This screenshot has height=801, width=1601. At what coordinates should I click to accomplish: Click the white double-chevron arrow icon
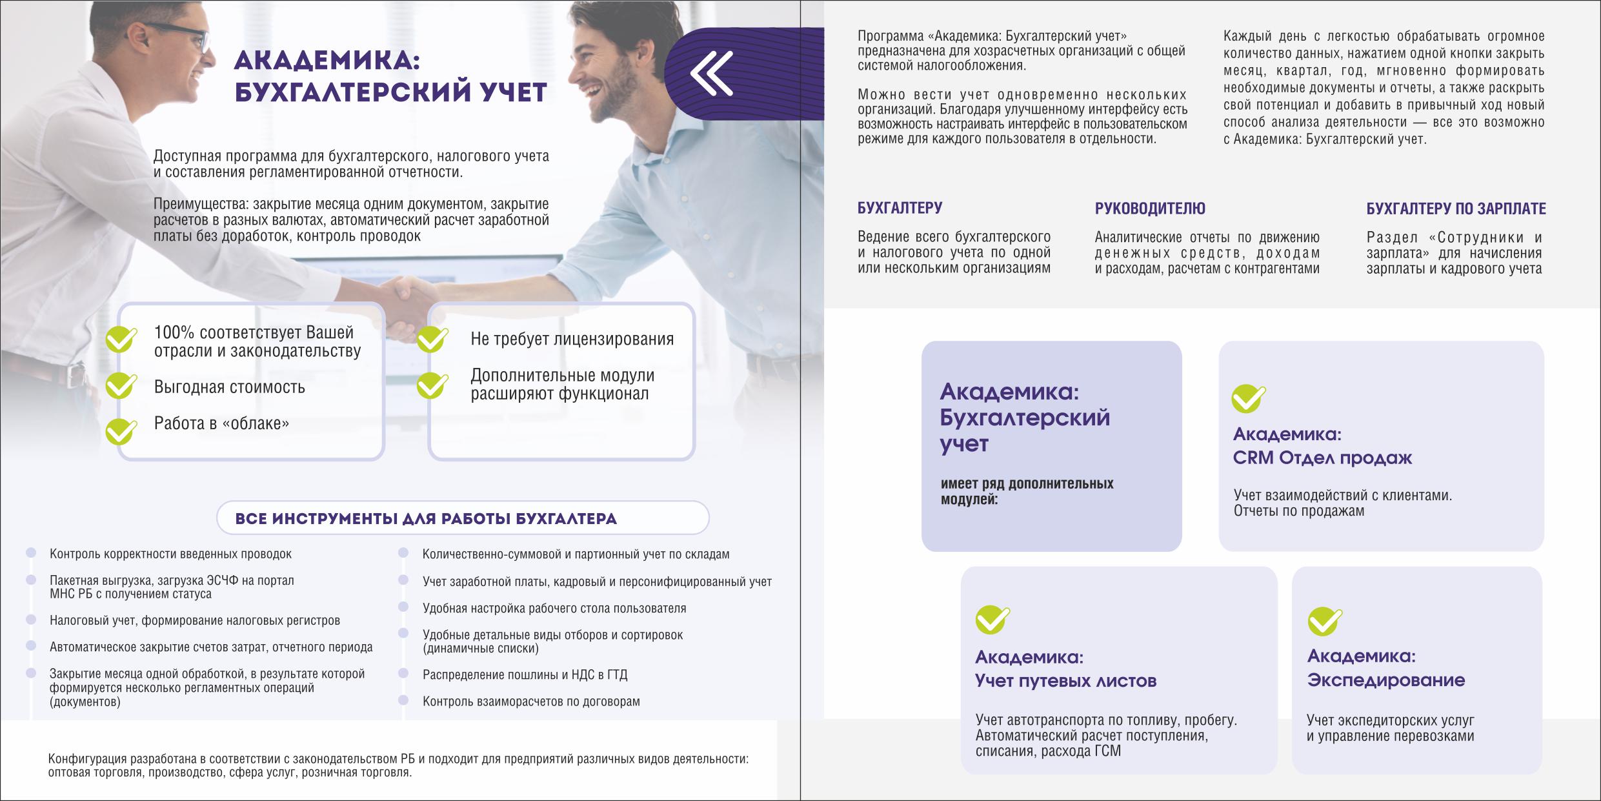pos(711,73)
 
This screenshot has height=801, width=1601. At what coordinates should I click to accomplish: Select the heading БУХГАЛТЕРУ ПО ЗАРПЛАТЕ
pos(1456,208)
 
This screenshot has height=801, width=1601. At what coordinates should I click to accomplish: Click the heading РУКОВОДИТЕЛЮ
pos(1150,208)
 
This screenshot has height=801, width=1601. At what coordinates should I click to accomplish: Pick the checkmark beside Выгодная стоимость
pos(121,385)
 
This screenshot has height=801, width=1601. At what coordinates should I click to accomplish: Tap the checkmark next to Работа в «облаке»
pos(121,431)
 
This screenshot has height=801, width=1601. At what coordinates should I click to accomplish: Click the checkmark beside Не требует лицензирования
pos(432,338)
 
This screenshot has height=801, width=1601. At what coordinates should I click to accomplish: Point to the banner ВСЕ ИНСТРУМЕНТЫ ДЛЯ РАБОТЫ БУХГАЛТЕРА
pos(463,518)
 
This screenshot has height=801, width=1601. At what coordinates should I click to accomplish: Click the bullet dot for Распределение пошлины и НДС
pos(403,673)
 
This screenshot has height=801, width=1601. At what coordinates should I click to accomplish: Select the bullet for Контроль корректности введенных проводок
pos(30,553)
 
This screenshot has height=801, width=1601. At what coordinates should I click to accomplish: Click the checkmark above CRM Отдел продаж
pos(1248,398)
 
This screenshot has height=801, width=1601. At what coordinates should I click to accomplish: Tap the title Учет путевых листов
pos(1065,680)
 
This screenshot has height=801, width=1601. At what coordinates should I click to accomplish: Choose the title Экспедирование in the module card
pos(1385,680)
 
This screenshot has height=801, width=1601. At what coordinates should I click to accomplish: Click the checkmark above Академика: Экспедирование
pos(1324,621)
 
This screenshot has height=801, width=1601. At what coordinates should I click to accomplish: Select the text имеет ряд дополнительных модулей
pos(1027,491)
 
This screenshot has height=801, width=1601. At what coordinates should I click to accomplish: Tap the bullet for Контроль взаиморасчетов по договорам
pos(403,700)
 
